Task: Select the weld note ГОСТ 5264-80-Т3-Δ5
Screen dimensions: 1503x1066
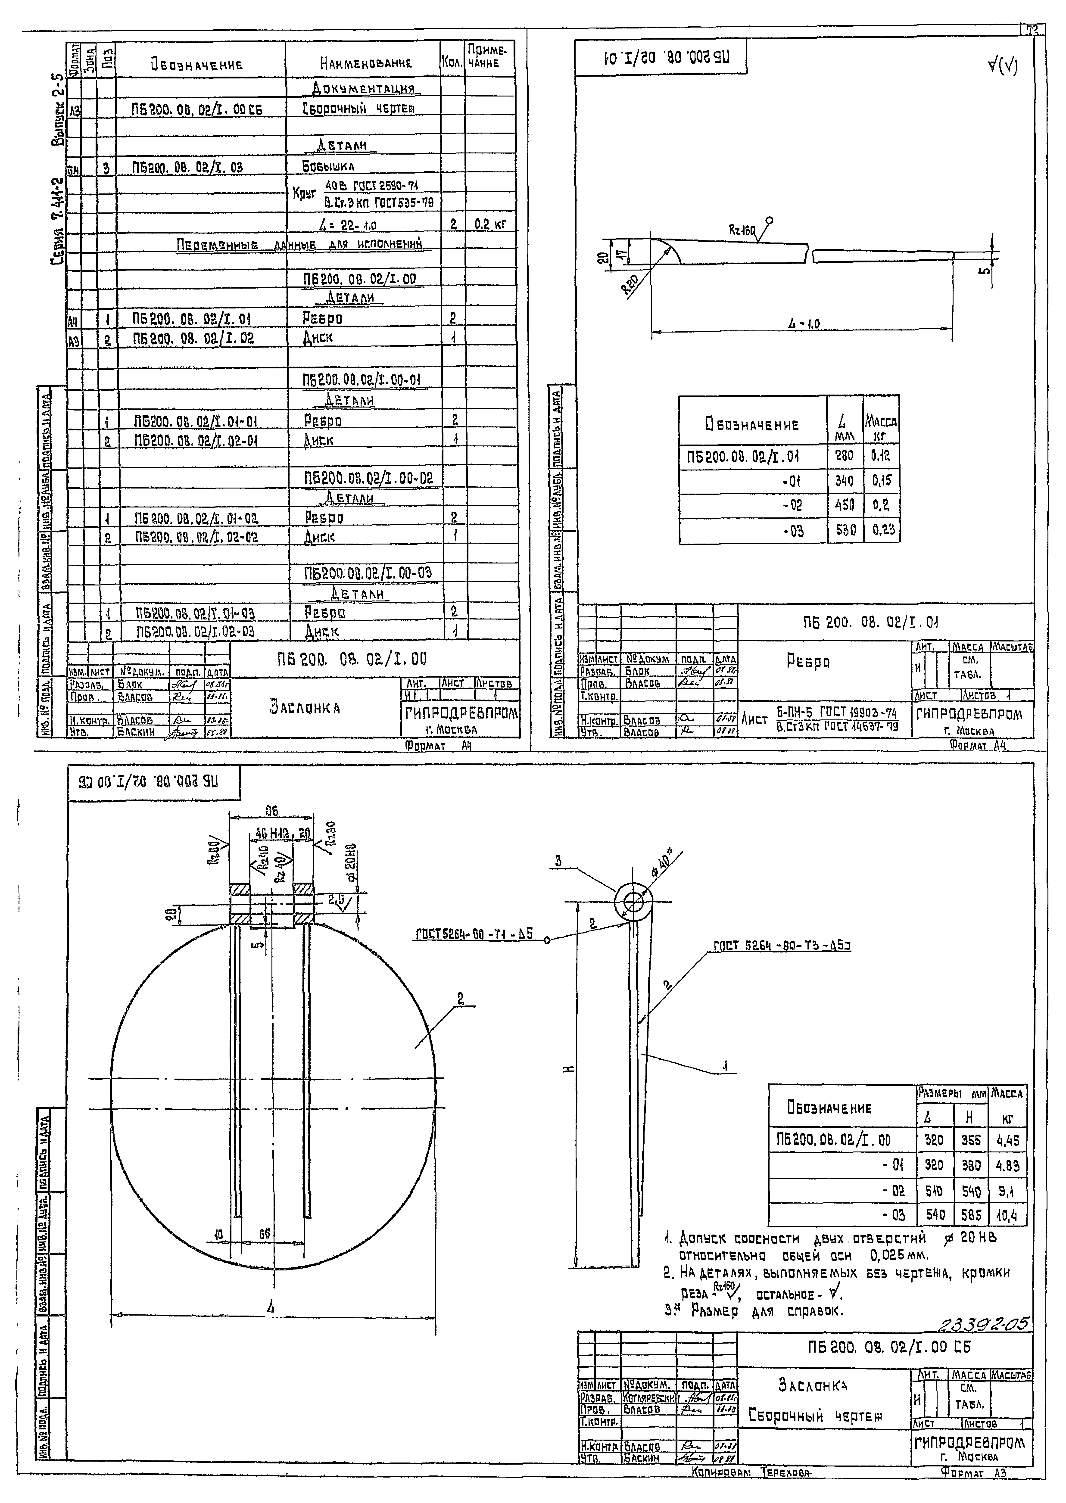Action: tap(781, 946)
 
